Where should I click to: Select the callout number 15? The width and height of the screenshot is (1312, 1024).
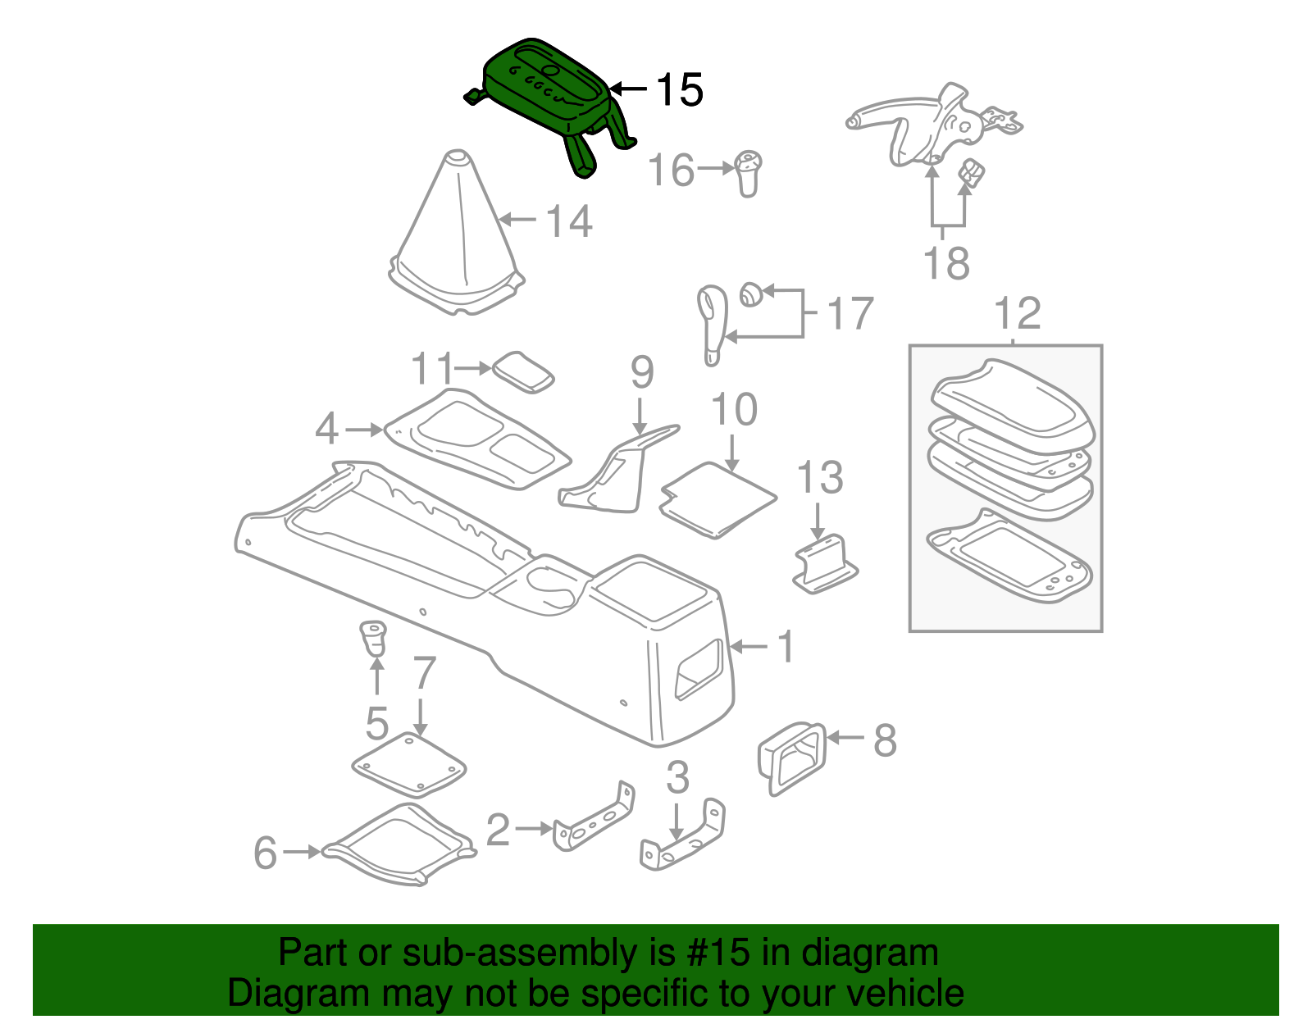[x=679, y=89]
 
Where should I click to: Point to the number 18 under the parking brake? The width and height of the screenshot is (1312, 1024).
[x=946, y=264]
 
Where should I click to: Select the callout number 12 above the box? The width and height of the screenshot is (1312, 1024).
[x=1017, y=313]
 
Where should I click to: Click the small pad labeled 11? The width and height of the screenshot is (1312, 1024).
[x=523, y=372]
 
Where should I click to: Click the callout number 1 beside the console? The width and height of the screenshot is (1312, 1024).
[x=786, y=647]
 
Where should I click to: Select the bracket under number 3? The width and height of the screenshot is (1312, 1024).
[x=683, y=836]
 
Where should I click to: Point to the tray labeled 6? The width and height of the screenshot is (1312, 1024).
[x=399, y=845]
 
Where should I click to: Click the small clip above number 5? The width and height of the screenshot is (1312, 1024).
[x=373, y=639]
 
